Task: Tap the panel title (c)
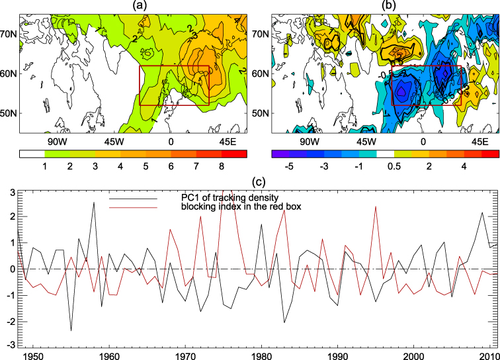point(251,183)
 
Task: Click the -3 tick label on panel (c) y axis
point(11,345)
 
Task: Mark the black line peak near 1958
point(94,202)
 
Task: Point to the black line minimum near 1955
point(71,330)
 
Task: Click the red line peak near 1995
point(376,206)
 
